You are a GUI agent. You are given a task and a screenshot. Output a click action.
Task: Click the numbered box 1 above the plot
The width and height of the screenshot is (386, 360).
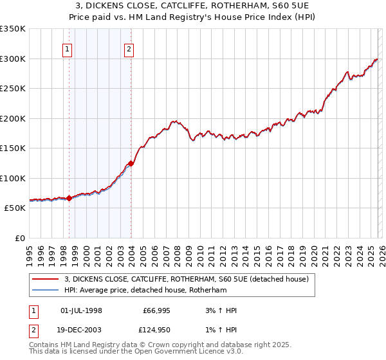pyautogui.click(x=68, y=48)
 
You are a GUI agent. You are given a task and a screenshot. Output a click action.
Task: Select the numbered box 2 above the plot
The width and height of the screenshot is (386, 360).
pyautogui.click(x=129, y=48)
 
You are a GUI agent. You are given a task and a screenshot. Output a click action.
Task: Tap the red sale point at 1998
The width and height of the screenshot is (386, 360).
pyautogui.click(x=69, y=199)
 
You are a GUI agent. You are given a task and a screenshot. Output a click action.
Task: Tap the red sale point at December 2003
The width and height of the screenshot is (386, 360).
pyautogui.click(x=131, y=163)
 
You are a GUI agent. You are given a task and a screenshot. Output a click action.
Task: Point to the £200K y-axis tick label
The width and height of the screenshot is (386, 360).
pyautogui.click(x=13, y=118)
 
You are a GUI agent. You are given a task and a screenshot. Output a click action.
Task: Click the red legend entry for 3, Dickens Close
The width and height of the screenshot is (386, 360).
pyautogui.click(x=187, y=279)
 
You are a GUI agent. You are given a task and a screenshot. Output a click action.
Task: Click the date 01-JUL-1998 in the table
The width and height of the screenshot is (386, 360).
pyautogui.click(x=81, y=310)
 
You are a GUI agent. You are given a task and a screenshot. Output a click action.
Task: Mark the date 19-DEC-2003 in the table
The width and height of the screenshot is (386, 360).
pyautogui.click(x=81, y=331)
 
